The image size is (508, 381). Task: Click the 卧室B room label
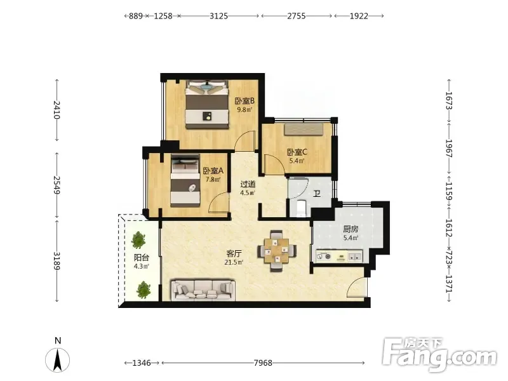[x=244, y=101]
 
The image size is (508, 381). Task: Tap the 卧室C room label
[x=297, y=152]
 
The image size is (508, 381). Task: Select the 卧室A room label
[x=213, y=171]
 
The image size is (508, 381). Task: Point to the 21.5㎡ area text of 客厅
[x=234, y=262]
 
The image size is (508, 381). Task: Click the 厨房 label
[x=351, y=229]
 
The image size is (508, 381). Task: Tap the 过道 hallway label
[x=248, y=184]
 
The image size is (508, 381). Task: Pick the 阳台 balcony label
[x=142, y=258]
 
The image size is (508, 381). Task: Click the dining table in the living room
[x=277, y=250]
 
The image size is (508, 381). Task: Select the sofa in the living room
[x=203, y=290]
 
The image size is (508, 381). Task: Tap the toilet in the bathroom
[x=301, y=208]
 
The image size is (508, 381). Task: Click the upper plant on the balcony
[x=138, y=240]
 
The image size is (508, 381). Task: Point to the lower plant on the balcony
[x=144, y=290]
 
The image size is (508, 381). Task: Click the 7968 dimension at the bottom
[x=263, y=363]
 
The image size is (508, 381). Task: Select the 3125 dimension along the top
[x=218, y=16]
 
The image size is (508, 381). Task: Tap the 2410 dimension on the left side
[x=57, y=110]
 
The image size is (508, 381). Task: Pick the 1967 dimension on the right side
[x=449, y=149]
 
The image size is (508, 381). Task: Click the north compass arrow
[x=57, y=359]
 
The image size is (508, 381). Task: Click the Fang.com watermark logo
[x=439, y=355]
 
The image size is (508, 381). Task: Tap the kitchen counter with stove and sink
[x=339, y=257]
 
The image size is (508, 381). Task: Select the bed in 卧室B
[x=207, y=104]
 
